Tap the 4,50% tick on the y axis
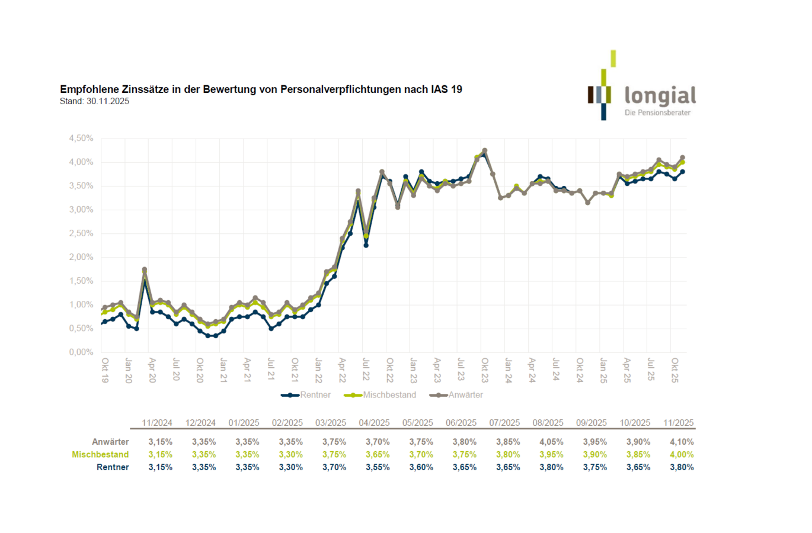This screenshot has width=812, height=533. (81, 138)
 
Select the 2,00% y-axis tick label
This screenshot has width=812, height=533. (81, 257)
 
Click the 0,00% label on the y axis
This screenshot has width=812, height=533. (81, 352)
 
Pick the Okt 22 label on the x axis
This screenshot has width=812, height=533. (390, 370)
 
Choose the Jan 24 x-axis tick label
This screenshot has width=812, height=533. (509, 370)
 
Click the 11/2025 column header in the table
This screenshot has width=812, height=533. (678, 423)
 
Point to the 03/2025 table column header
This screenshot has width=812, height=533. (330, 423)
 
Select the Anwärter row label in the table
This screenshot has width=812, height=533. (110, 442)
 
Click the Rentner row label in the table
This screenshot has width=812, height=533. (113, 467)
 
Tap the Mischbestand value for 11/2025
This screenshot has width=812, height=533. (682, 455)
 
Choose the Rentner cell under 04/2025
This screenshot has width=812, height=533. (378, 467)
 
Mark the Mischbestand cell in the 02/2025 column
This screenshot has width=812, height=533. (290, 455)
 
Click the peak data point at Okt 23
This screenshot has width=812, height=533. (485, 150)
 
